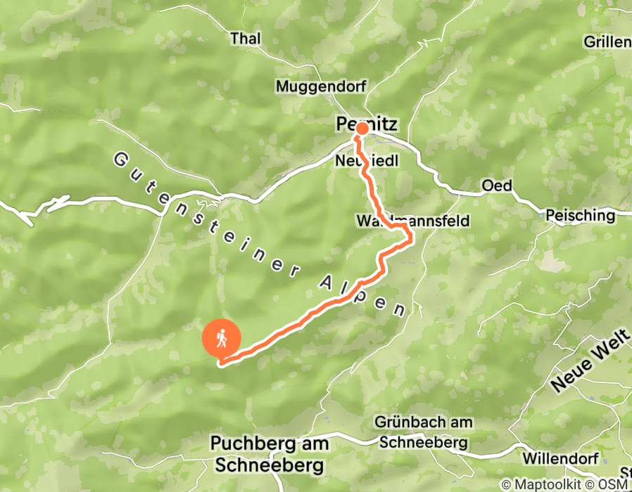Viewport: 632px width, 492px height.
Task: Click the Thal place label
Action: pyautogui.click(x=245, y=38)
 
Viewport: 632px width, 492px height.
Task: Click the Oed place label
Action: pyautogui.click(x=496, y=186)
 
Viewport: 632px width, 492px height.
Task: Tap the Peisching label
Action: pyautogui.click(x=580, y=215)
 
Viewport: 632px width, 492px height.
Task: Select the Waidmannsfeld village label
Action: pyautogui.click(x=412, y=221)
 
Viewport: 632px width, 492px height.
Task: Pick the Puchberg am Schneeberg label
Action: pyautogui.click(x=268, y=454)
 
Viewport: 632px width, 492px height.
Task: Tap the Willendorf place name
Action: pyautogui.click(x=560, y=458)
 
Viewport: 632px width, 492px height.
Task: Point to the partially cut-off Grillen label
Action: pyautogui.click(x=607, y=42)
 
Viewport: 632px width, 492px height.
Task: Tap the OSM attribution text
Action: pyautogui.click(x=616, y=485)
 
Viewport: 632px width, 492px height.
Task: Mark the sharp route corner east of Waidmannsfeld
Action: pyautogui.click(x=410, y=241)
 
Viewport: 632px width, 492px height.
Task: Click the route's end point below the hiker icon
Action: pyautogui.click(x=222, y=363)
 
